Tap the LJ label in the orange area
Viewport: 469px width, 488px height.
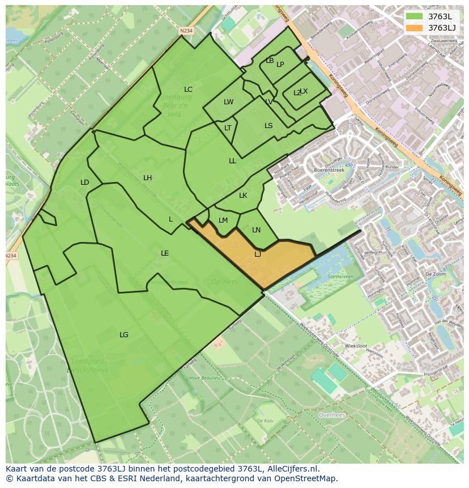click(x=258, y=254)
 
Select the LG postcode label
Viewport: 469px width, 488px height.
click(x=123, y=335)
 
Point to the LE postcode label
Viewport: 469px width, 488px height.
click(x=165, y=253)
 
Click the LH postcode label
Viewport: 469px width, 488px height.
click(x=147, y=178)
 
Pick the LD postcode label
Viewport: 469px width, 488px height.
click(x=84, y=183)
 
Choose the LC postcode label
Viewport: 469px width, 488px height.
click(x=188, y=90)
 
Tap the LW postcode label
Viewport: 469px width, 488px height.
click(x=228, y=103)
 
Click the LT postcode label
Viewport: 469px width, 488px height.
click(x=228, y=128)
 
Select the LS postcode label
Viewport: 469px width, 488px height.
click(x=268, y=126)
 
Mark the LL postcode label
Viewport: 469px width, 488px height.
click(x=232, y=161)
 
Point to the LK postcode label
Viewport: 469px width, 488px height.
click(x=243, y=196)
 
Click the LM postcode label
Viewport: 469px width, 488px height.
click(x=223, y=220)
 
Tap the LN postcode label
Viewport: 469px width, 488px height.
click(x=256, y=230)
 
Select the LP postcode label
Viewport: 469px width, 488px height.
click(x=280, y=65)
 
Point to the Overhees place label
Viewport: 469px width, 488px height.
click(x=332, y=415)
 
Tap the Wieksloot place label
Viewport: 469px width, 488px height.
click(x=356, y=346)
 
